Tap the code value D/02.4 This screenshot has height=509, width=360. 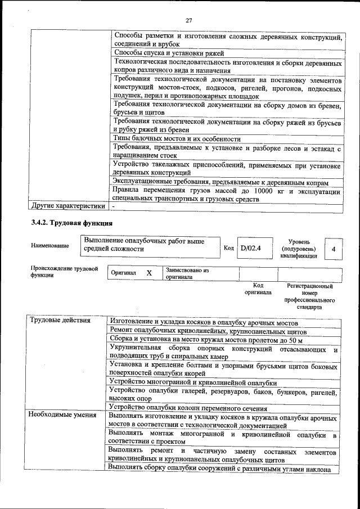point(251,247)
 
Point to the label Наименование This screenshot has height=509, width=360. point(51,246)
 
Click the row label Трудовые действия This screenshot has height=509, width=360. point(60,321)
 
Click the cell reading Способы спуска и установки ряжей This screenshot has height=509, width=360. point(169,53)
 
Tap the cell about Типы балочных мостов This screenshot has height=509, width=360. point(177,139)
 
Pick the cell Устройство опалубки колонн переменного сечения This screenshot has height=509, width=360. point(188,408)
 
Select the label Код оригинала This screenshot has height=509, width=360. point(258,289)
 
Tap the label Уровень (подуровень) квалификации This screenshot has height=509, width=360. point(298,249)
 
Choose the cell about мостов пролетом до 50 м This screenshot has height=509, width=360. point(206,341)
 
